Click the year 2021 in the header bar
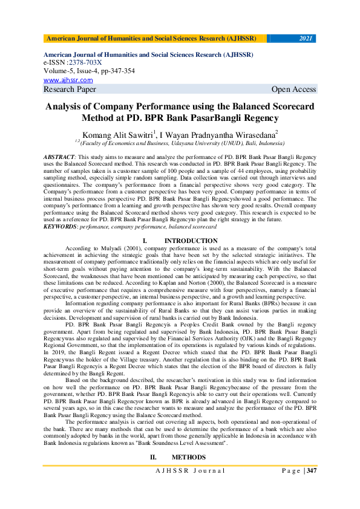coord(306,39)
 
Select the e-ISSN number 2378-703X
coord(85,63)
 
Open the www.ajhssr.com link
coord(68,80)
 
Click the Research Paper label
coord(70,89)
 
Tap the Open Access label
coord(293,89)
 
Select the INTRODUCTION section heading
coord(191,241)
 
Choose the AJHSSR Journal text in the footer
coord(190,470)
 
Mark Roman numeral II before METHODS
coord(152,457)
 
